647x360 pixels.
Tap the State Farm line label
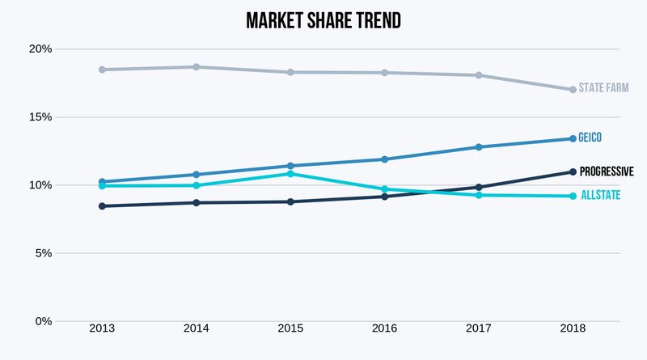click(x=603, y=87)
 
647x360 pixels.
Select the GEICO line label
click(x=590, y=138)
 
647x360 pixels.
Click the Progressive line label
click(x=606, y=172)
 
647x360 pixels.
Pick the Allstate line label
click(x=599, y=195)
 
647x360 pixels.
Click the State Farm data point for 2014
click(x=197, y=67)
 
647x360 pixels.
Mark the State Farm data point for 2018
click(x=573, y=90)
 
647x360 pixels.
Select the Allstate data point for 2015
click(x=290, y=174)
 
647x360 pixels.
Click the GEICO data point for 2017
click(x=479, y=147)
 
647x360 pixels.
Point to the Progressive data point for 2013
click(x=102, y=206)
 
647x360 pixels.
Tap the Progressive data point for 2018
click(x=573, y=172)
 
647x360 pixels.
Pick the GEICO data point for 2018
click(x=573, y=138)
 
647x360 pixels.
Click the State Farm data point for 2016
click(x=385, y=73)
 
